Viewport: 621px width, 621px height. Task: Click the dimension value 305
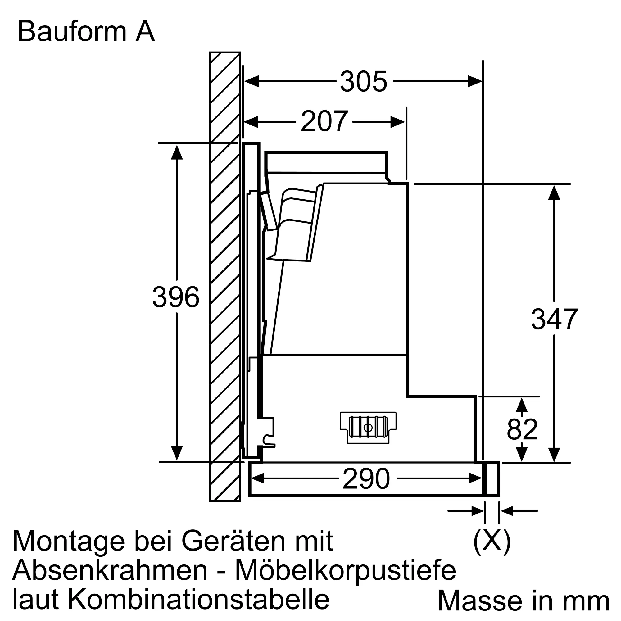coord(364,82)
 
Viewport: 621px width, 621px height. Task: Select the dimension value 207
coord(324,122)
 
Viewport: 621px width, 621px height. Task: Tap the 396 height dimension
coord(176,297)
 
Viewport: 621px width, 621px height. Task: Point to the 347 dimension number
coord(554,320)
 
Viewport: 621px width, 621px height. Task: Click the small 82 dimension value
coord(522,430)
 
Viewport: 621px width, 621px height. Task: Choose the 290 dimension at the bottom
coord(366,479)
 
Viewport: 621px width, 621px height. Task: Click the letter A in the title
coord(145,31)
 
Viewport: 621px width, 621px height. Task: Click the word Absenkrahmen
coord(110,570)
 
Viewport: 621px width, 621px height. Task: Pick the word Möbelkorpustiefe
coord(346,570)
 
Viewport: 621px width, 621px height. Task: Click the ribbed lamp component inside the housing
coord(368,427)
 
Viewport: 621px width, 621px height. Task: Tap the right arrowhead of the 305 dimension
coord(475,82)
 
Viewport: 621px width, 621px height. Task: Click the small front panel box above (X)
coord(492,479)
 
